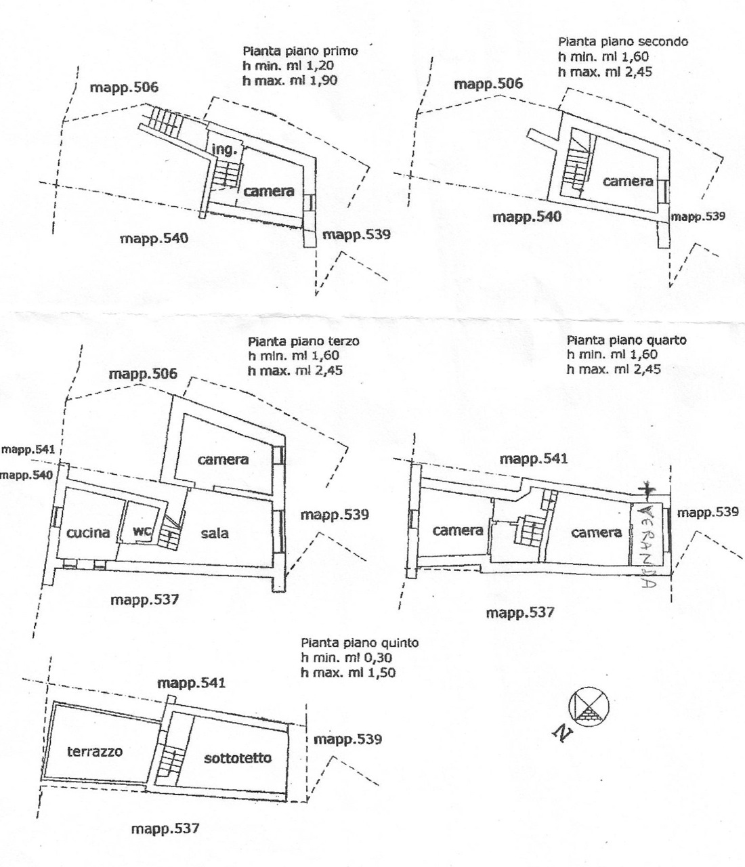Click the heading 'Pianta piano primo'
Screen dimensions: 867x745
point(300,51)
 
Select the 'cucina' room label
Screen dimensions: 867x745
point(88,532)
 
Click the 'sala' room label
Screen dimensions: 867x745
point(215,533)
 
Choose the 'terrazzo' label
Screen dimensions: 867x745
point(95,751)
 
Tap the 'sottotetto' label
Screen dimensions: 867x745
point(238,758)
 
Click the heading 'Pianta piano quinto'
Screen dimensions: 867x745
point(360,643)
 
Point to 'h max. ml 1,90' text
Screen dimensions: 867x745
point(290,80)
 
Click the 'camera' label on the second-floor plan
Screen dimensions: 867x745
point(628,181)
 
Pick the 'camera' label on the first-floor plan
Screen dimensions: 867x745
point(269,192)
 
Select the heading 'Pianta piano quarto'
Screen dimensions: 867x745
point(626,340)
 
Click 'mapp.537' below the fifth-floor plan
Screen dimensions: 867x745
point(165,828)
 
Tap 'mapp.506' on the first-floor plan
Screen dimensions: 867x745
point(125,87)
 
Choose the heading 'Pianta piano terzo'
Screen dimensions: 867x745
point(303,341)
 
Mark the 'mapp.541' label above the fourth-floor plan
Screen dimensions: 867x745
point(534,459)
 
